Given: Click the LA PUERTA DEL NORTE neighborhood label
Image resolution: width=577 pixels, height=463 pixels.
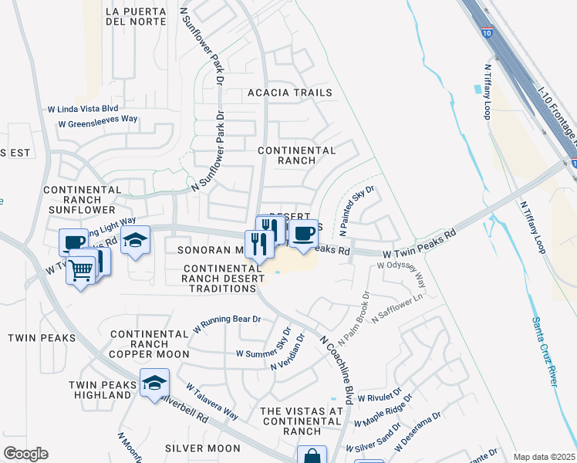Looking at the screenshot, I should coord(136,16).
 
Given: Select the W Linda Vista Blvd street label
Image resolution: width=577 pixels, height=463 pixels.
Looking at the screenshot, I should coord(83,109).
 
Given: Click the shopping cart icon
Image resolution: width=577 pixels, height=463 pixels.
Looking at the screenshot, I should coord(80,270).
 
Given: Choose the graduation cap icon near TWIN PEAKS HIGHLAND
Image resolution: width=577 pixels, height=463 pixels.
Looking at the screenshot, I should coord(154,382).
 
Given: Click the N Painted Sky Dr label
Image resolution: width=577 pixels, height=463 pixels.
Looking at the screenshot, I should coord(356,210).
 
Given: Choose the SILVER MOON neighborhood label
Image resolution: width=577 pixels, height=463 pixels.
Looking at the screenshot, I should coord(203,448).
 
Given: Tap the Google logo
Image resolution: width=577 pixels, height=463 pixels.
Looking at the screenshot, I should coord(25,454).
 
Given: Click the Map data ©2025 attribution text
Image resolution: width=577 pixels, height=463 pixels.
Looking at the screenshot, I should coord(543,457).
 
